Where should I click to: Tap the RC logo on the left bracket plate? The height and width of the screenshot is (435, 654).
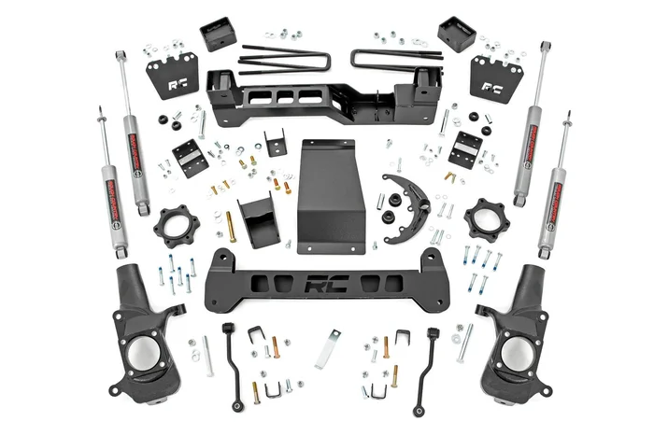tap(178, 83)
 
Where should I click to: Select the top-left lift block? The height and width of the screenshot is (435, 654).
tap(217, 35)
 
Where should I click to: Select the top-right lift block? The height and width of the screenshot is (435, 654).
tap(456, 35)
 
